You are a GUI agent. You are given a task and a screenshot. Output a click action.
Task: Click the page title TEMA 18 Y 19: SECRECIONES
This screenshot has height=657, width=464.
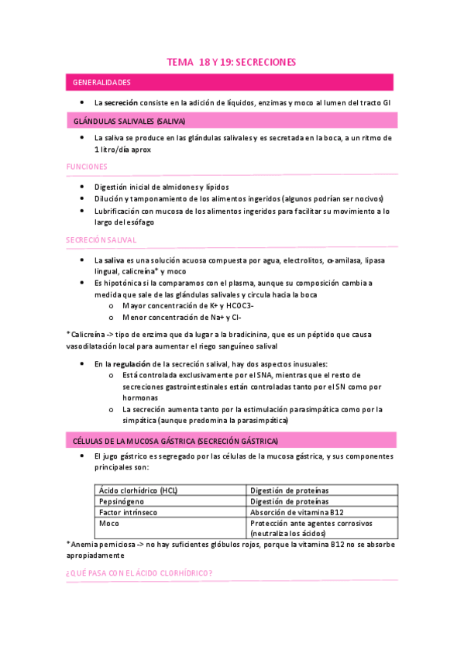[232, 62]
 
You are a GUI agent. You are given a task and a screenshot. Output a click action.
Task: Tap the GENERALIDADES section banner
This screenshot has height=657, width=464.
[101, 82]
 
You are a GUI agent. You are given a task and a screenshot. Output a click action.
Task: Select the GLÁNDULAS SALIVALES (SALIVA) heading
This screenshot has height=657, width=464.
[129, 122]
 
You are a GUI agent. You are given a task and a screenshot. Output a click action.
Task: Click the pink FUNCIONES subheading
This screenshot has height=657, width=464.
[87, 167]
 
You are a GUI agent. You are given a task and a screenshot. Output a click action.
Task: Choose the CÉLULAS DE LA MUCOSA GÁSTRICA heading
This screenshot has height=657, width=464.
[175, 441]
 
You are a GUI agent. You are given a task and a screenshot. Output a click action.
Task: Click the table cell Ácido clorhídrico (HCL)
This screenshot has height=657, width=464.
[139, 490]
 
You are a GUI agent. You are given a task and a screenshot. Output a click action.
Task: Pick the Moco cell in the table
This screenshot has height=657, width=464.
[109, 523]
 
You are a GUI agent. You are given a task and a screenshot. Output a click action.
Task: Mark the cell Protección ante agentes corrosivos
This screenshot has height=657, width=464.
[311, 523]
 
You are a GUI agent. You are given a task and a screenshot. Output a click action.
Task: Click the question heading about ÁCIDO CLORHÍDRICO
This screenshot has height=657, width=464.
[139, 573]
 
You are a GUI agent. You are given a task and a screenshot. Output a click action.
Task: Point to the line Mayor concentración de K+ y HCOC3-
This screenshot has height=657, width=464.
[188, 305]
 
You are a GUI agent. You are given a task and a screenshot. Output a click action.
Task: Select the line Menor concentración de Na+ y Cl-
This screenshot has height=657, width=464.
[183, 317]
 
